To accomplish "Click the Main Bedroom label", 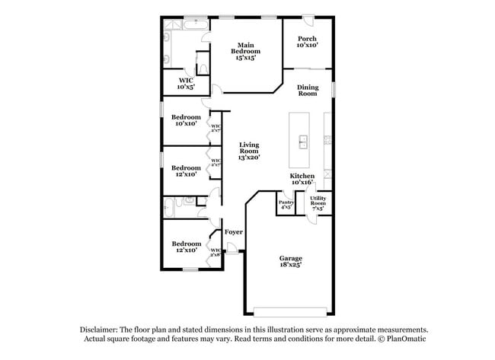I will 244,50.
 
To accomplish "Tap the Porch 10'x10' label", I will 307,42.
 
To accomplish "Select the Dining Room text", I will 307,90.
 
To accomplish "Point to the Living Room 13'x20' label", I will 249,150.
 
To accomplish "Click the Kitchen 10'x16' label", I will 302,180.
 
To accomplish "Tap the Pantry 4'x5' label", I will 286,204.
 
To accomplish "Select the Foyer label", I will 233,231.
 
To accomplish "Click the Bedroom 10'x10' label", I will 185,120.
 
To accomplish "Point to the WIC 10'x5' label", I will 185,83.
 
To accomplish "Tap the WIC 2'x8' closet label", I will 216,252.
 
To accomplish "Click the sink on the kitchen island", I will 302,141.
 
